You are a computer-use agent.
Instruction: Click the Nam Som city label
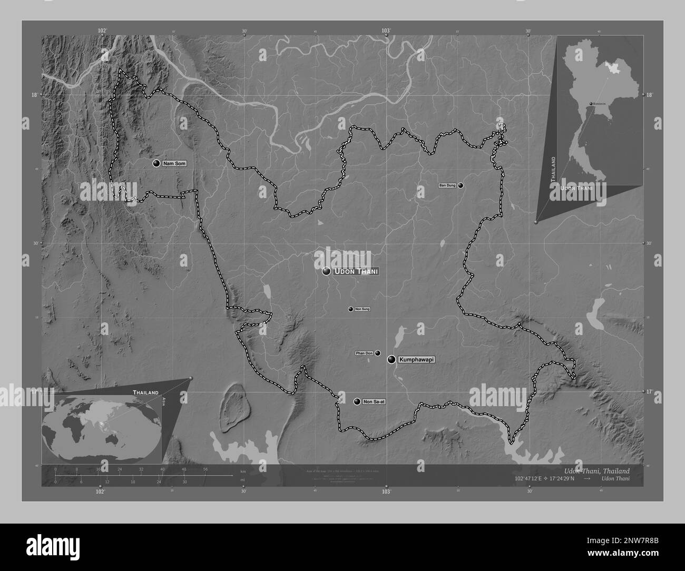tap(174, 164)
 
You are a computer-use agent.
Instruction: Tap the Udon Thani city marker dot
tap(327, 271)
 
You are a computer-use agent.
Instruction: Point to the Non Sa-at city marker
tap(357, 401)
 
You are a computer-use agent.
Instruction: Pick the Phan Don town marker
tap(378, 353)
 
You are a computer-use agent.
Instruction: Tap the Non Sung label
tap(363, 309)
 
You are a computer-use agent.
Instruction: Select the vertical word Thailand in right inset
tap(552, 169)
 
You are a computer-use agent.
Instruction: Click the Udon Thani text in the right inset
tap(578, 188)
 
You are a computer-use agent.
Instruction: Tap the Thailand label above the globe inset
tap(145, 392)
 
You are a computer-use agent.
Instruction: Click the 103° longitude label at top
tap(386, 31)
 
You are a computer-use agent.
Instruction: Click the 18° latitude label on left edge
tap(34, 95)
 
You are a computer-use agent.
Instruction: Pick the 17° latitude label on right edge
tap(649, 392)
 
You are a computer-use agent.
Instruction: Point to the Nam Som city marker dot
tap(156, 164)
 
